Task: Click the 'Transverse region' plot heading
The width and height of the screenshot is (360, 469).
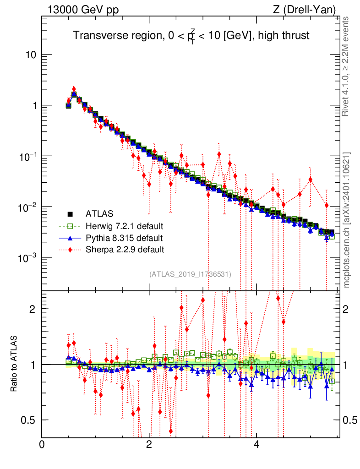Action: pyautogui.click(x=192, y=35)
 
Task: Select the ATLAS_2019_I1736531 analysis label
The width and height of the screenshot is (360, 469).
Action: pyautogui.click(x=190, y=274)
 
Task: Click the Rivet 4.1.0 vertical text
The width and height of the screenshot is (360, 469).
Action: pyautogui.click(x=346, y=66)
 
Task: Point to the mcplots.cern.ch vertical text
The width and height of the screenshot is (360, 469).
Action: pyautogui.click(x=346, y=220)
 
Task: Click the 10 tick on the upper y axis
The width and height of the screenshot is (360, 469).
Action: pyautogui.click(x=31, y=55)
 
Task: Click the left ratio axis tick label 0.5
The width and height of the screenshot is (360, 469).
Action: pyautogui.click(x=28, y=420)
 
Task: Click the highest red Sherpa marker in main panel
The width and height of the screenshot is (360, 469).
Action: pyautogui.click(x=74, y=89)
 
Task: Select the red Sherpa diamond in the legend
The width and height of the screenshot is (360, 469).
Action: pyautogui.click(x=70, y=250)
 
